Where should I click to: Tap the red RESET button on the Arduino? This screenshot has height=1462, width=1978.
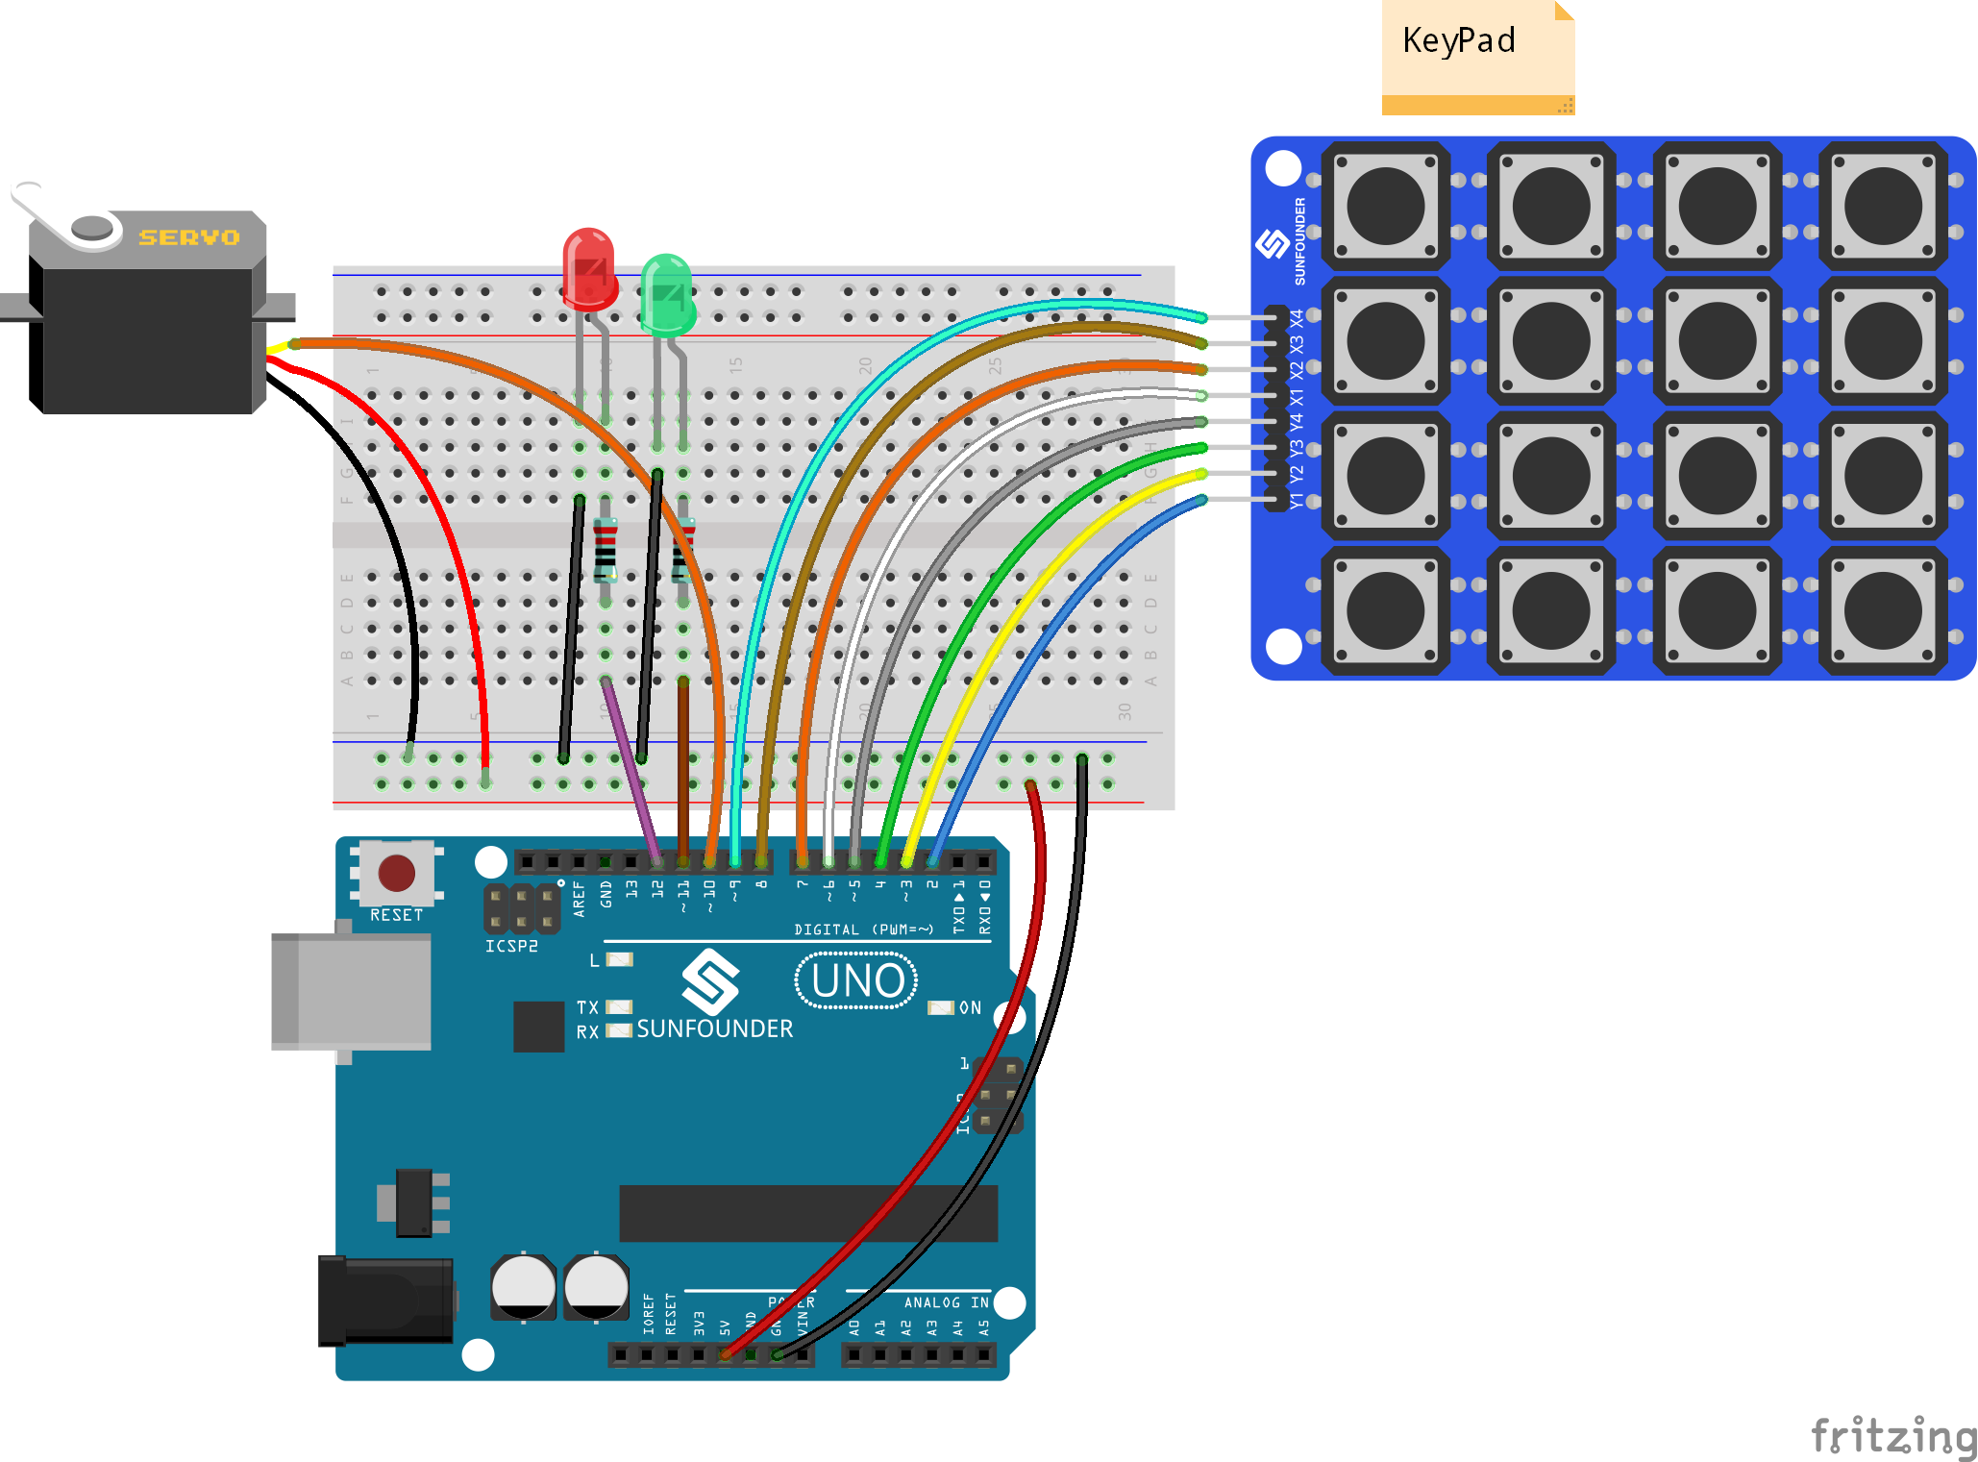coord(396,873)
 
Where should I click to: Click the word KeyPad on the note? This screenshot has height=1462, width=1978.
coord(1458,40)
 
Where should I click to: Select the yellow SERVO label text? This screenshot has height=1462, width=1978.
coord(189,237)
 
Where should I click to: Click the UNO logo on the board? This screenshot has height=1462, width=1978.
coord(856,980)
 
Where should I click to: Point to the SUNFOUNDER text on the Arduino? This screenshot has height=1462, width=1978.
coord(714,1028)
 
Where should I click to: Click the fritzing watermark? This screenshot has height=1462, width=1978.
coord(1892,1436)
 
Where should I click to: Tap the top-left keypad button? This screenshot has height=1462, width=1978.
coord(1385,206)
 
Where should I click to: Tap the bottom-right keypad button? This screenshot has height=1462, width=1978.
coord(1883,610)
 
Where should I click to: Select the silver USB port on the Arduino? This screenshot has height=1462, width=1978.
coord(351,990)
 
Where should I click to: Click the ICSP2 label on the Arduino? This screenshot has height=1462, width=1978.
coord(511,946)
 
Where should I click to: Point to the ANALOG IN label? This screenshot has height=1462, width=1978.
coord(946,1302)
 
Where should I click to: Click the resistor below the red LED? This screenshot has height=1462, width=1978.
coord(605,551)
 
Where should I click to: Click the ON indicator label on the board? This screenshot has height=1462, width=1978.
coord(970,1007)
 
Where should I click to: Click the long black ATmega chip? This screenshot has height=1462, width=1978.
coord(807,1213)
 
